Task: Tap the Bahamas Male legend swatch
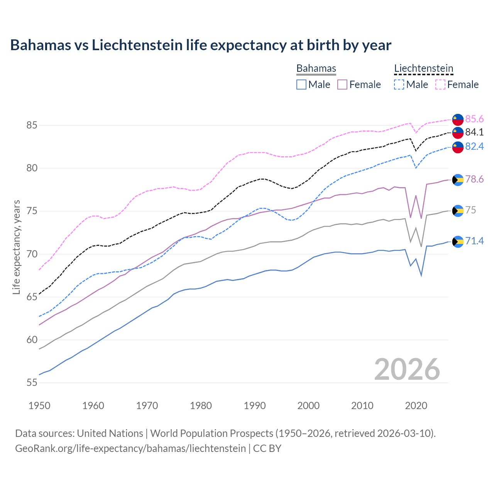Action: click(x=301, y=85)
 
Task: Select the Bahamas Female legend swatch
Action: click(x=342, y=85)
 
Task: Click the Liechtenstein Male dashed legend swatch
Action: click(x=399, y=85)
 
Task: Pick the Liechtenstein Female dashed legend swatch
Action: click(x=440, y=85)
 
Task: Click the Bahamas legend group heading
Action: click(x=316, y=68)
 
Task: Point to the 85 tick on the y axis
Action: click(x=32, y=125)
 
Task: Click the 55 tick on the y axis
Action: click(x=32, y=383)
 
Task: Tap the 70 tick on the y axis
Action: click(x=32, y=254)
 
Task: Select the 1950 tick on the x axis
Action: click(x=39, y=406)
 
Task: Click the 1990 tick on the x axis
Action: click(x=255, y=406)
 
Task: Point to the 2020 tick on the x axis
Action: click(x=416, y=406)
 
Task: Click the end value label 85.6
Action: click(x=474, y=119)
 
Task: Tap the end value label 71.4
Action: click(x=474, y=241)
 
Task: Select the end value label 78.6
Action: click(x=474, y=179)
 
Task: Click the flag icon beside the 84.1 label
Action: click(x=458, y=132)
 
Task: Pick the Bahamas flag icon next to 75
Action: click(x=458, y=211)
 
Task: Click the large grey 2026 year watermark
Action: click(x=407, y=369)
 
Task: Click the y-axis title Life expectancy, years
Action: click(x=16, y=247)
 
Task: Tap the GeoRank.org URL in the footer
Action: click(x=130, y=448)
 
